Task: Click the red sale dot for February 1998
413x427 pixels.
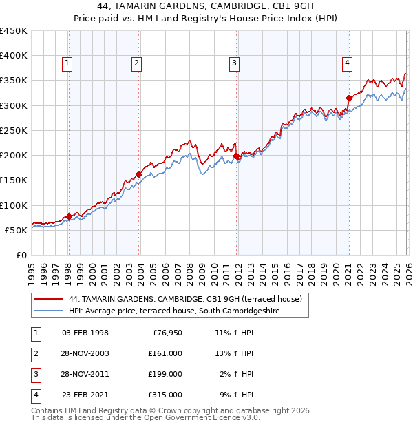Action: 69,217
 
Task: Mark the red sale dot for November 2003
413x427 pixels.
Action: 139,174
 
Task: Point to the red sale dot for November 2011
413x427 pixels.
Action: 237,156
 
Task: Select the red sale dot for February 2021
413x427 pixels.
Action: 349,98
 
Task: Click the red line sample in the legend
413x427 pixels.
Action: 48,300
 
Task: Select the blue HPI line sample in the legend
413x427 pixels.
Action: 48,311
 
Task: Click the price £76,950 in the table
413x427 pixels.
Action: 165,333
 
